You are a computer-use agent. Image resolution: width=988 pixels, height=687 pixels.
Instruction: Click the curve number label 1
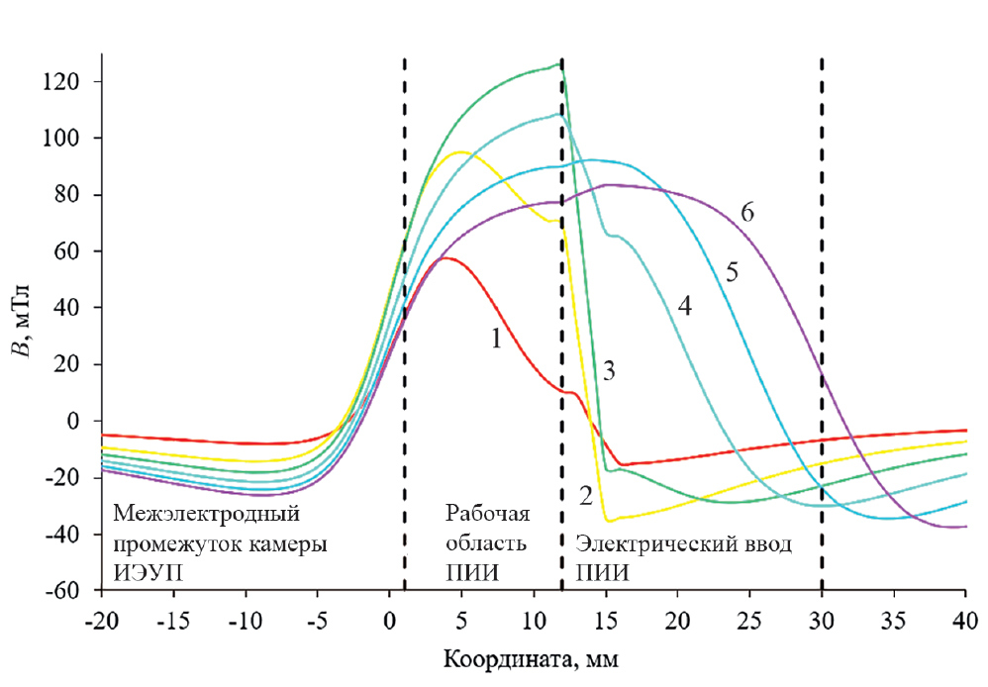coord(496,339)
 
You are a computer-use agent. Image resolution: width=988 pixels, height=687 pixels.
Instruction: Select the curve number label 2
coord(586,494)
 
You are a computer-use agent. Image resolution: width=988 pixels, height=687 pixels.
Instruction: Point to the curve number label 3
coord(610,371)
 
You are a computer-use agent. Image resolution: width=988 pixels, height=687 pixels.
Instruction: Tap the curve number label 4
coord(683,307)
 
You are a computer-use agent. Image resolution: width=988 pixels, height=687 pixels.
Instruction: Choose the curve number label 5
coord(732,272)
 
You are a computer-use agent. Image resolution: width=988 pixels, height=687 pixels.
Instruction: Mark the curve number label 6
coord(747,213)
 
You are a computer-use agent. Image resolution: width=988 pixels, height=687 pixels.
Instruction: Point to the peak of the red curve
coord(446,257)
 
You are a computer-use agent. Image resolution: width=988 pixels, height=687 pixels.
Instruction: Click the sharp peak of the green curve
coord(559,65)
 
